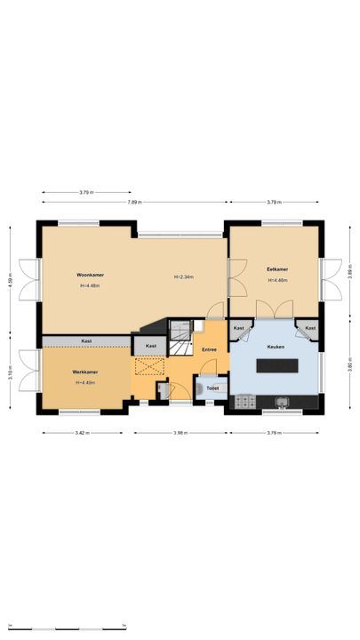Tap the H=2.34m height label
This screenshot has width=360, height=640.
(183, 277)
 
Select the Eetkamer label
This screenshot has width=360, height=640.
(277, 269)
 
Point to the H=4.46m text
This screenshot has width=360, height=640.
(277, 281)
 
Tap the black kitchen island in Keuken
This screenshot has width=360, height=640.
(276, 364)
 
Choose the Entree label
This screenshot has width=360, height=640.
(209, 349)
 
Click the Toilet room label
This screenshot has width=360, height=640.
(212, 388)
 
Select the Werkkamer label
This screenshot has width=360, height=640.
(85, 372)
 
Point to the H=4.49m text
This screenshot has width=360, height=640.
(85, 382)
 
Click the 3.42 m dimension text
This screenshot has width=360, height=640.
(81, 433)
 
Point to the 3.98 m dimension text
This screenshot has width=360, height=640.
(181, 433)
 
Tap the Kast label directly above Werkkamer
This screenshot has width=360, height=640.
(86, 341)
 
